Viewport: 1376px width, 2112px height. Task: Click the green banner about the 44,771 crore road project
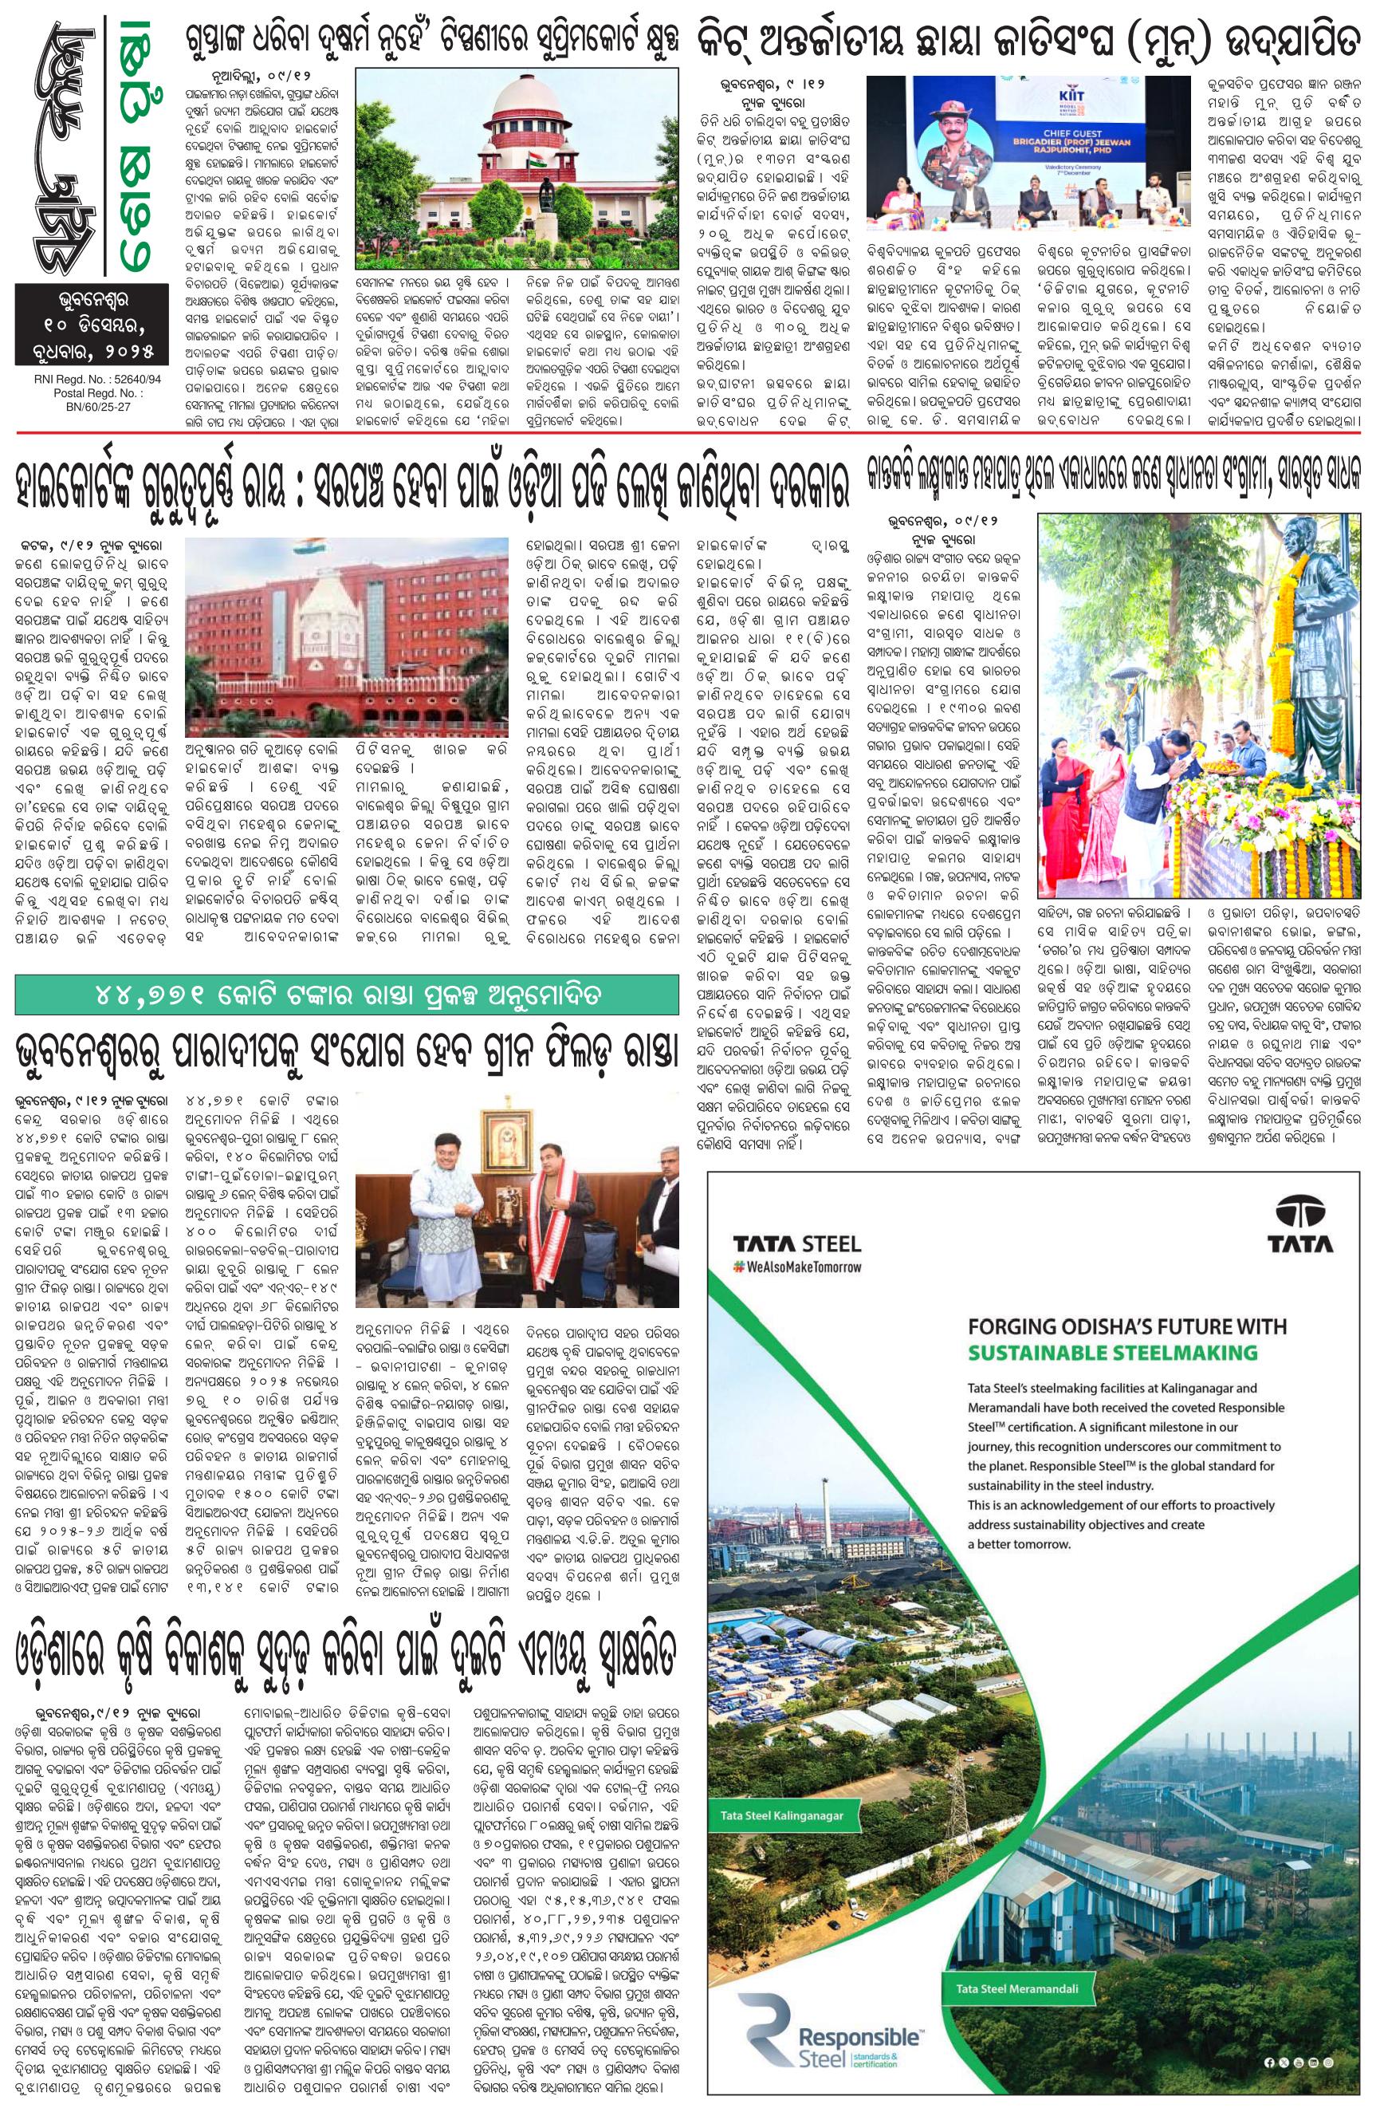click(347, 995)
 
